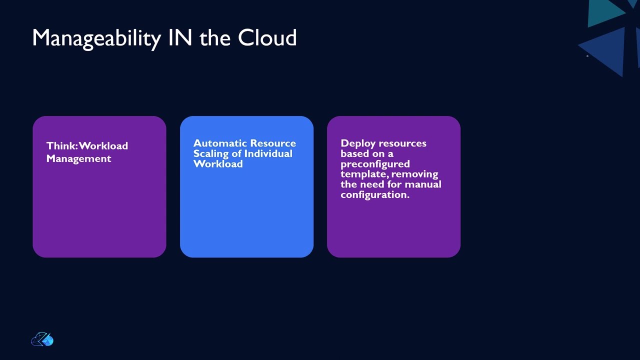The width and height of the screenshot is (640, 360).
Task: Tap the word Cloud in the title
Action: (267, 38)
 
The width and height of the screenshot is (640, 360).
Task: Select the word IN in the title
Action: (180, 38)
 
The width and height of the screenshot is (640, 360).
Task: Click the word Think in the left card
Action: (61, 146)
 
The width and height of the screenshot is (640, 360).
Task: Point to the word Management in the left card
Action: (78, 158)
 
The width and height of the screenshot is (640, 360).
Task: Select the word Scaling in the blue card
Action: (210, 153)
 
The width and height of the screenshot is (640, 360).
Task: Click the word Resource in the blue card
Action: (273, 143)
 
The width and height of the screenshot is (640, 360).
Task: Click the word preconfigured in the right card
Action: (375, 164)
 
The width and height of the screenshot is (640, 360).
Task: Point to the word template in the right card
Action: (363, 174)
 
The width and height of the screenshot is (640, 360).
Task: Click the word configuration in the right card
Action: (374, 194)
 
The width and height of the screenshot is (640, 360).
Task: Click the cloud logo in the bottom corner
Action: (42, 339)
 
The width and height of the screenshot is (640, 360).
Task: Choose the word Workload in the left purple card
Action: (103, 146)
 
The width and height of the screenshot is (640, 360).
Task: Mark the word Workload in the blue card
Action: (218, 164)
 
